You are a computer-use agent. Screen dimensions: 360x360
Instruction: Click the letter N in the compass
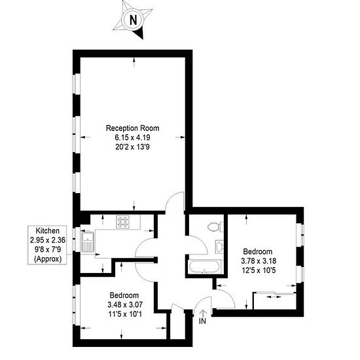[133, 20]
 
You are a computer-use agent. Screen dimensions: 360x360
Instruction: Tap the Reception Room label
[132, 128]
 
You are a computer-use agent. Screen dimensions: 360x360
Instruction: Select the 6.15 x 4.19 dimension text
[132, 137]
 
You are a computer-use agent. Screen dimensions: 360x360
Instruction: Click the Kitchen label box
[47, 245]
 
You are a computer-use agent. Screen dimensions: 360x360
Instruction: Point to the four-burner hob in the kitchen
[123, 222]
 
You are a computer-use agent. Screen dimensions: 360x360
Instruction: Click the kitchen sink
[88, 242]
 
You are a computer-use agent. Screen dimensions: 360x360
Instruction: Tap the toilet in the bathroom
[215, 227]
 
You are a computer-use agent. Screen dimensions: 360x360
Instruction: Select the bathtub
[205, 267]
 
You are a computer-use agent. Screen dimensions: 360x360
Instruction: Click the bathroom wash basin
[219, 247]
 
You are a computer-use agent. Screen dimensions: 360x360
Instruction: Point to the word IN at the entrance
[202, 321]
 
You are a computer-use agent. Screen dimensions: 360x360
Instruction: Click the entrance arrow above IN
[203, 313]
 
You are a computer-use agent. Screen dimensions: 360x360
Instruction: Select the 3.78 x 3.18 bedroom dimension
[259, 261]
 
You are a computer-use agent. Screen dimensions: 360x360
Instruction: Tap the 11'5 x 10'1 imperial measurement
[125, 314]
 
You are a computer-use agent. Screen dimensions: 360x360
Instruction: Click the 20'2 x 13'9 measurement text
[132, 147]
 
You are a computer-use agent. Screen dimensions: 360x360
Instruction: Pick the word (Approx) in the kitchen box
[48, 259]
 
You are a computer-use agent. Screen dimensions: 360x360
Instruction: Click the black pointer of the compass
[139, 33]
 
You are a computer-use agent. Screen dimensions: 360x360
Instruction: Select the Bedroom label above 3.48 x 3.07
[124, 295]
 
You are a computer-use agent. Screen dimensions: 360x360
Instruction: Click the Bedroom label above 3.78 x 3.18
[258, 251]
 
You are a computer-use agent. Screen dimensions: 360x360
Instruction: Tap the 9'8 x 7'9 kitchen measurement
[48, 249]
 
